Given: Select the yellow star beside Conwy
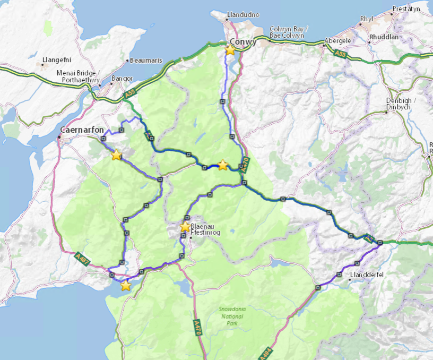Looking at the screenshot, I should pos(230,50).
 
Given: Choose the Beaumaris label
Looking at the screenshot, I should pos(146,61).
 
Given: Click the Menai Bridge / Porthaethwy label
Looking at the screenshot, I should pos(76,76).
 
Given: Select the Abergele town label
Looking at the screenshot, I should pos(339,41).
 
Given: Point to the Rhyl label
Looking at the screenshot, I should pos(367,19).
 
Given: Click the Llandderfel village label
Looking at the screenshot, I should pos(367,275).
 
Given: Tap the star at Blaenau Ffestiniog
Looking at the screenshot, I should pos(185,227).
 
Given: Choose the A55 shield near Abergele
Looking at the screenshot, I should pos(341,53).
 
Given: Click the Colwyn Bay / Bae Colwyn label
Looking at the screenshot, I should pos(289,32).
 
